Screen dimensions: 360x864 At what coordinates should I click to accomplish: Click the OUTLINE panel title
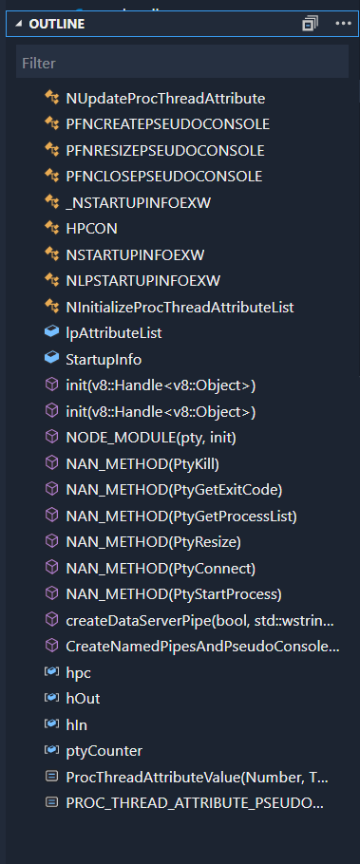tap(57, 24)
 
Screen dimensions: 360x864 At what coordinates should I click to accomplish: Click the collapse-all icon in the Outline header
tap(310, 24)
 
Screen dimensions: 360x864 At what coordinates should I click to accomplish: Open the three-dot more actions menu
tap(343, 24)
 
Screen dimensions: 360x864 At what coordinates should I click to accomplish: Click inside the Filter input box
tap(180, 63)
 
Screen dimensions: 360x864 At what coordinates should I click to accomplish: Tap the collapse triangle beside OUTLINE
tap(19, 24)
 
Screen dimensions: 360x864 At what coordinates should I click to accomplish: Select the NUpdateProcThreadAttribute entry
tap(164, 98)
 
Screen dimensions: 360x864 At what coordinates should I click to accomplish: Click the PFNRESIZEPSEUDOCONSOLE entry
tap(164, 150)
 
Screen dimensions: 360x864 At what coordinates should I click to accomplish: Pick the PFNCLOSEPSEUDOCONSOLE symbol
tap(163, 176)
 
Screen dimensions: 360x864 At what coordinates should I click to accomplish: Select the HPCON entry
tap(91, 228)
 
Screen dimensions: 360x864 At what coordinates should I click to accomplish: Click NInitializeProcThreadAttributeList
tap(180, 307)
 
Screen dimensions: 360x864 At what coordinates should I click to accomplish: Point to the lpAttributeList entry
tap(113, 332)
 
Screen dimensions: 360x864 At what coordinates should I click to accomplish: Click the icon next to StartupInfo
tap(51, 359)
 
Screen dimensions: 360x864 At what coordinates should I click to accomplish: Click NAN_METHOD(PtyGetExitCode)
tap(174, 489)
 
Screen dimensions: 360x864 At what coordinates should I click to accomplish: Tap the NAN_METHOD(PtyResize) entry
tap(153, 542)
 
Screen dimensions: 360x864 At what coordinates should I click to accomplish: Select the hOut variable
tap(83, 698)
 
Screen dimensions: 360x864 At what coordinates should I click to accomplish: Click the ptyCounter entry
tap(104, 750)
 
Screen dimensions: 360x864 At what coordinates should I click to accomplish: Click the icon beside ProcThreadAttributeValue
tap(51, 777)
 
